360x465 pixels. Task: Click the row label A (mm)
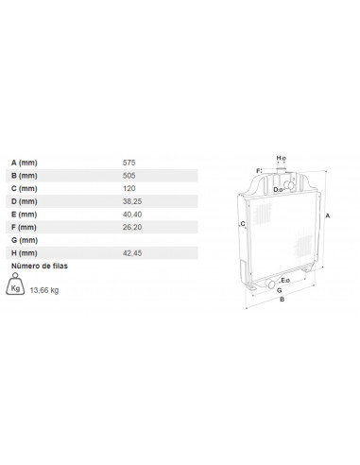[x=25, y=163]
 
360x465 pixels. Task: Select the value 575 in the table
[x=129, y=163]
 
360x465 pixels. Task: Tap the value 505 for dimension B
[x=129, y=176]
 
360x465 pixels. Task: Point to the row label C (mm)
[x=25, y=188]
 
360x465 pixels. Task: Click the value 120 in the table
[x=129, y=188]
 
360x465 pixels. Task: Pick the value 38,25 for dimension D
[x=132, y=201]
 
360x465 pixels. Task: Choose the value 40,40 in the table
[x=132, y=215]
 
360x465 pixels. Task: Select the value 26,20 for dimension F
[x=132, y=227]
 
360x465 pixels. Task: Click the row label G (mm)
[x=25, y=240]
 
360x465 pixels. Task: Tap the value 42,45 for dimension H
[x=132, y=253]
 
